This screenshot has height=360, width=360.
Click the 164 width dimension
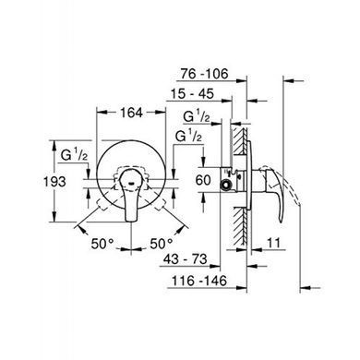click(131, 113)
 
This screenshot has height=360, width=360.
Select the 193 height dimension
click(54, 182)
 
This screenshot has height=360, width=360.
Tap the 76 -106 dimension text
click(204, 74)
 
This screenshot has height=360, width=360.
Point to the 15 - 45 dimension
click(192, 94)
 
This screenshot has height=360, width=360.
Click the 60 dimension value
click(203, 180)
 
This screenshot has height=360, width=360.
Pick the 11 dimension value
click(273, 243)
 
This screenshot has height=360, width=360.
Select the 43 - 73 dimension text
click(185, 259)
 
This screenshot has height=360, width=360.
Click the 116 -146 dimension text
click(199, 281)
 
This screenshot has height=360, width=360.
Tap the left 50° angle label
click(102, 244)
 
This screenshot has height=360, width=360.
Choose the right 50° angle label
click(162, 244)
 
